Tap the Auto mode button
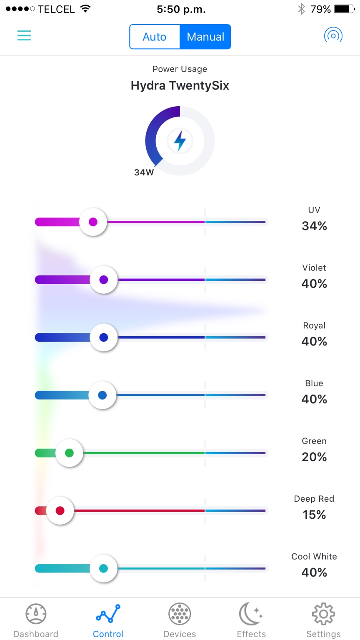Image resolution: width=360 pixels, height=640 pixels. [x=155, y=37]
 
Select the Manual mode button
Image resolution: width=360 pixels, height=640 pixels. [x=205, y=37]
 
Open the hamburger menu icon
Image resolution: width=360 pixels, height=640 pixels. [x=24, y=35]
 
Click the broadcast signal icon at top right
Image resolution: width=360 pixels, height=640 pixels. [x=333, y=35]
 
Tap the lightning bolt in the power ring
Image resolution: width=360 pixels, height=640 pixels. [x=180, y=140]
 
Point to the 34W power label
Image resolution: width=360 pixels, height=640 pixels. [x=144, y=172]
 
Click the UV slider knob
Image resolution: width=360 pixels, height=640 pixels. [x=93, y=222]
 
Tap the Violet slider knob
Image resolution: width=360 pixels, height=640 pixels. [x=103, y=280]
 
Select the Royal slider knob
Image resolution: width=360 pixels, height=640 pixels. [x=103, y=337]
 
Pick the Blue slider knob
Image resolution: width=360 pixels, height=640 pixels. [x=102, y=395]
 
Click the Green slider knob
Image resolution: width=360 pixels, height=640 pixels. [x=70, y=453]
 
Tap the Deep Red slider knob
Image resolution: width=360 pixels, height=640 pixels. [x=60, y=510]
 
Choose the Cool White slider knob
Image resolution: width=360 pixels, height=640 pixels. [x=103, y=568]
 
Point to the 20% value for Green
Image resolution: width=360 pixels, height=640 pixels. [x=314, y=457]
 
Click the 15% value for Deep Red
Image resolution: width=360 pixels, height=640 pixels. [x=314, y=515]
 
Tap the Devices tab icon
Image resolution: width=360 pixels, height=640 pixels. [x=180, y=614]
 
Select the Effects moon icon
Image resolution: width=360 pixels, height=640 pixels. [x=250, y=614]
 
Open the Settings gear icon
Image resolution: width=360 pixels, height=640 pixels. [x=323, y=614]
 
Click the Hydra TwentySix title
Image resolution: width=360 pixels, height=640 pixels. [x=180, y=85]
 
